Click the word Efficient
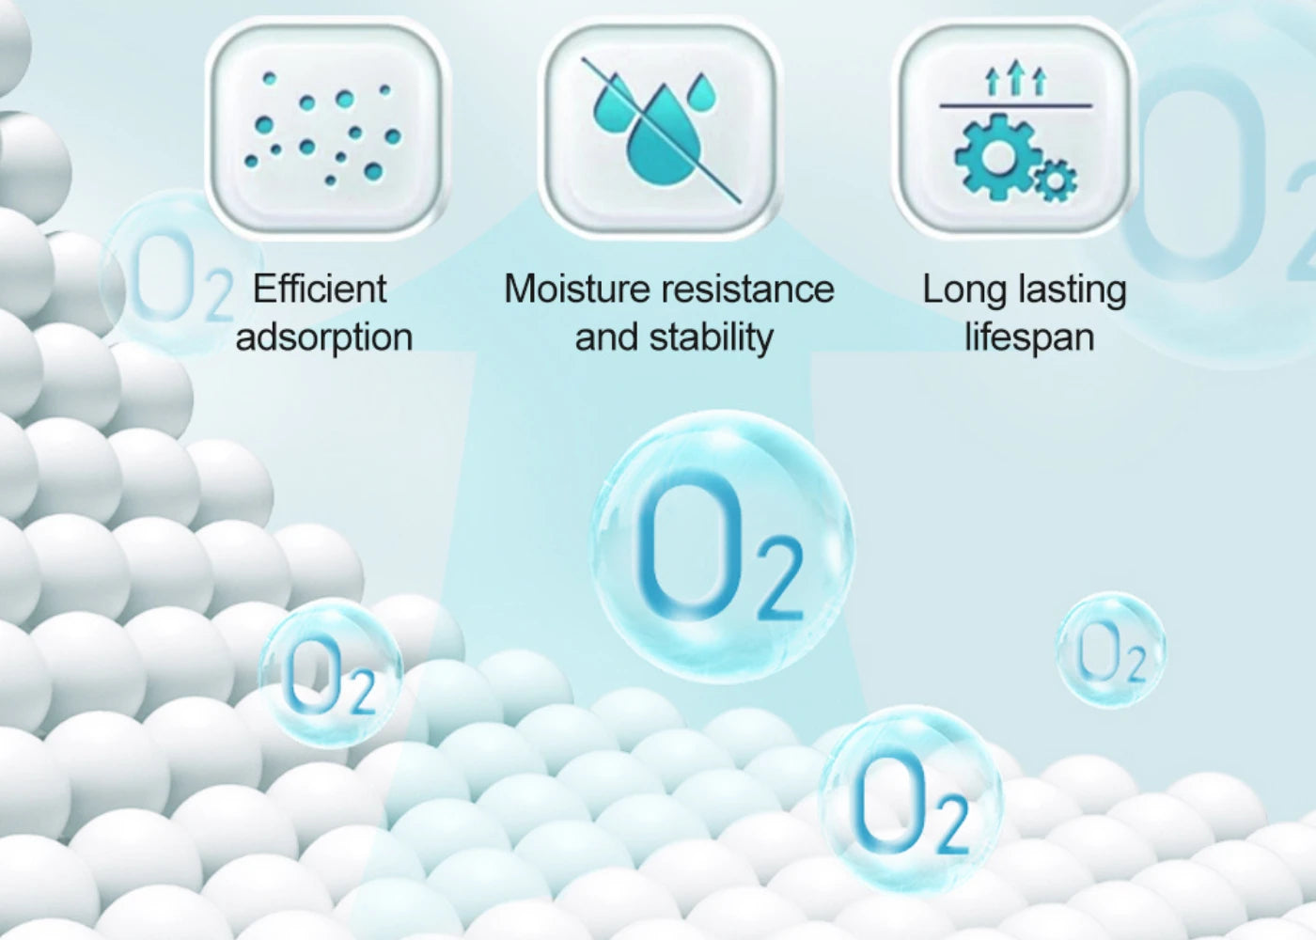tap(320, 289)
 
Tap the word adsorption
tap(324, 337)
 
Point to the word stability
tap(711, 337)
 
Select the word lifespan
tap(1030, 337)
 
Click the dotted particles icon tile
tap(327, 126)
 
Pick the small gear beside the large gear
tap(1056, 181)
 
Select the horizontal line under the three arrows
tap(1016, 105)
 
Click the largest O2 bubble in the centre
tap(722, 546)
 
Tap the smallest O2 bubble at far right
tap(1110, 650)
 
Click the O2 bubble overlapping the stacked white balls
tap(330, 673)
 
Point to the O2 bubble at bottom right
tap(910, 800)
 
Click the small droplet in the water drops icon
tap(702, 92)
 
